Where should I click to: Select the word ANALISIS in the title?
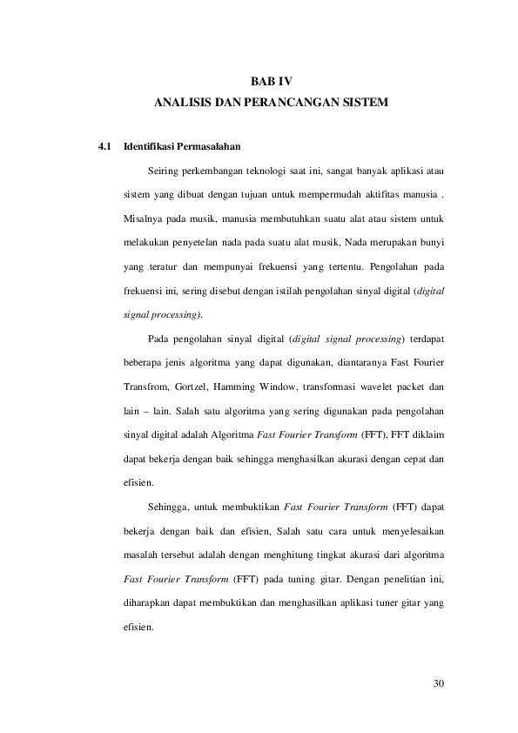coord(179,104)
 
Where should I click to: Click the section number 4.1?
coord(104,145)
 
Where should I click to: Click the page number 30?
coord(439,683)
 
